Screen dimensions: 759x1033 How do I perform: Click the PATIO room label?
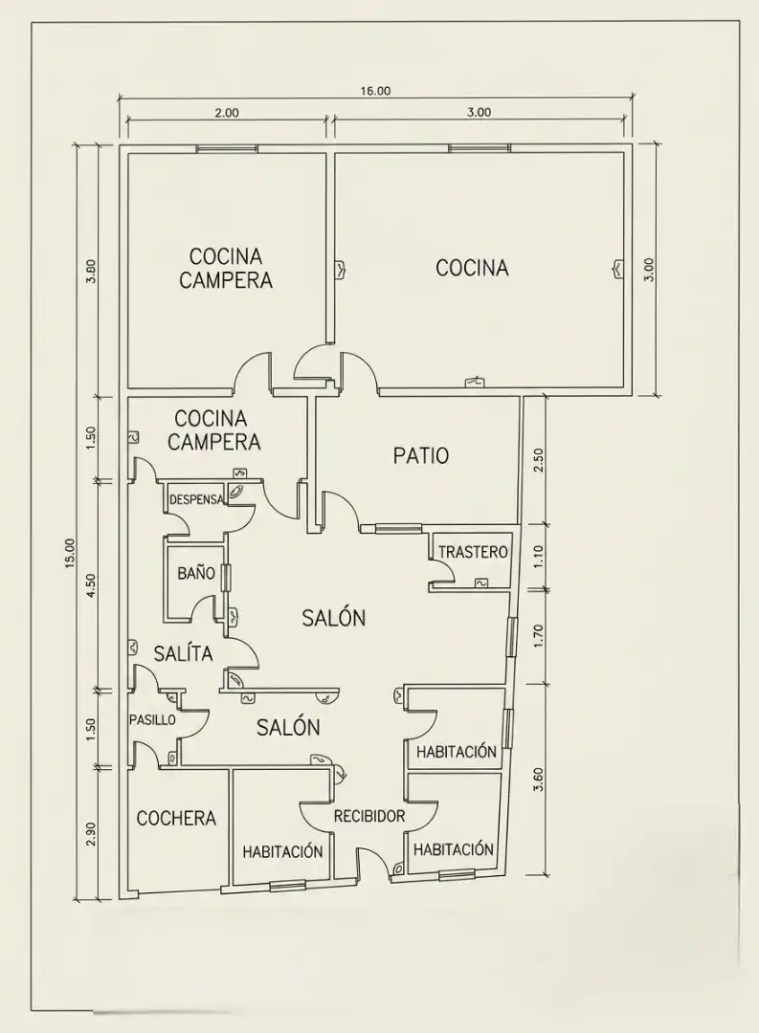[421, 455]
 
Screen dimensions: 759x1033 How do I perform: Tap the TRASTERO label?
[474, 552]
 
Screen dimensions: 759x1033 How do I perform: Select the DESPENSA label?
[196, 499]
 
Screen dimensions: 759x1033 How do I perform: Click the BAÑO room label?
[196, 573]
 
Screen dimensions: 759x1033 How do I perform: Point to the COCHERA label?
[176, 818]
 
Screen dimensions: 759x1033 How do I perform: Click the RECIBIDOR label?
[369, 816]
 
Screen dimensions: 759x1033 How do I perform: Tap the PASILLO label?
[152, 719]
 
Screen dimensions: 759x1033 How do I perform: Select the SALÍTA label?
[184, 653]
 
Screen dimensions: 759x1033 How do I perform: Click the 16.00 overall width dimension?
[375, 91]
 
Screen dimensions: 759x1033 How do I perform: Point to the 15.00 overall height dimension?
[71, 554]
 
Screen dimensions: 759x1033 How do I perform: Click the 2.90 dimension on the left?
[91, 835]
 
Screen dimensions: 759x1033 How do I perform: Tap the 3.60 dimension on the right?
[538, 779]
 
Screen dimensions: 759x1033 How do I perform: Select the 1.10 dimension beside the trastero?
[538, 558]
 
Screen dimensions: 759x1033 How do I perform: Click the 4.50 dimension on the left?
[91, 585]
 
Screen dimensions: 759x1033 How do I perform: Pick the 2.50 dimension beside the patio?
[538, 460]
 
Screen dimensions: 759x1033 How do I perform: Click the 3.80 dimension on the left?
[91, 271]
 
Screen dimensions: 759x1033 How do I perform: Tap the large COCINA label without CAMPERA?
[472, 268]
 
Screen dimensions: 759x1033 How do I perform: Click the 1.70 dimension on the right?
[538, 637]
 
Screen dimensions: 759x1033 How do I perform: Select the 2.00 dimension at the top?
[226, 113]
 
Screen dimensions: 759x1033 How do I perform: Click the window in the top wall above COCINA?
[480, 148]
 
